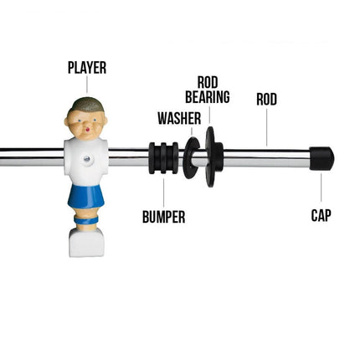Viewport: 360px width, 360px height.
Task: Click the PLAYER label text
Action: (87, 68)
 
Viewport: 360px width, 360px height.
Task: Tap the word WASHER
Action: (179, 118)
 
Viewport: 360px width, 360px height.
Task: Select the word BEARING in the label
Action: (208, 97)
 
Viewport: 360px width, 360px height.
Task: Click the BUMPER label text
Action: (164, 217)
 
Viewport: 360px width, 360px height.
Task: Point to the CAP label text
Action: (321, 215)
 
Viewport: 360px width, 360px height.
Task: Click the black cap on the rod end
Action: (321, 158)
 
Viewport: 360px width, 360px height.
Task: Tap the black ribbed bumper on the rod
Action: (163, 158)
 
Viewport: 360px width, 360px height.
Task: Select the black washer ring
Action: (191, 158)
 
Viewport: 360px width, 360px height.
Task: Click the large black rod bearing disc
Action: (213, 157)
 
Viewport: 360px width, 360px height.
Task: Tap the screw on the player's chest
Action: (87, 159)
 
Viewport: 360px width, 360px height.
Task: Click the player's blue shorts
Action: (86, 196)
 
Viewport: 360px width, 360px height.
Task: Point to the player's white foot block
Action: (86, 242)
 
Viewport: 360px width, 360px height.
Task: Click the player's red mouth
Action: (88, 130)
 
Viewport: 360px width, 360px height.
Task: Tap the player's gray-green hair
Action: (87, 105)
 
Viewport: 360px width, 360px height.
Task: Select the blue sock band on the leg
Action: (86, 220)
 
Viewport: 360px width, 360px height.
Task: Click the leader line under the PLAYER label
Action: (87, 85)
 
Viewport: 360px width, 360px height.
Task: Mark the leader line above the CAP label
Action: (321, 188)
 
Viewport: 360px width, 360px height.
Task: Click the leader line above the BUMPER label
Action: (163, 193)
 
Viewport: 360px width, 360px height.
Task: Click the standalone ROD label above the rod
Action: (266, 100)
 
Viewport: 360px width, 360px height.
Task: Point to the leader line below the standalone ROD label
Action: (266, 127)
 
